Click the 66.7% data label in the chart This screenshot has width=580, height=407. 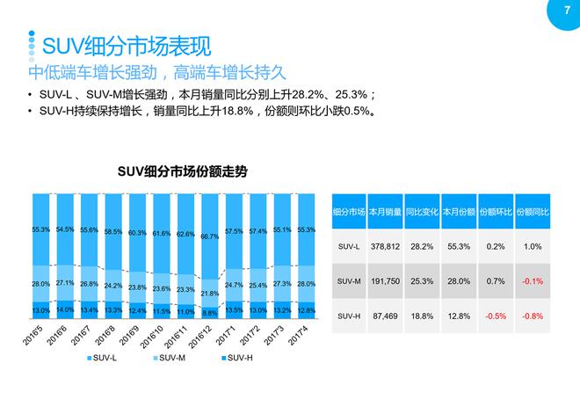coord(210,236)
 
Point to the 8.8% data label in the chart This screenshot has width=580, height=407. coord(210,311)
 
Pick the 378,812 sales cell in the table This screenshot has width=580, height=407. coord(386,248)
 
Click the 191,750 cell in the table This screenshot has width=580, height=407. coord(386,281)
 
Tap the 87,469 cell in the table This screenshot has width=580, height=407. coord(386,315)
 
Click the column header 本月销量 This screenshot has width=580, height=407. coord(386,212)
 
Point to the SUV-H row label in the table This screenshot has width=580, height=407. coord(349,315)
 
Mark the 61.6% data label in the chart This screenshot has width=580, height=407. coord(161,234)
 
